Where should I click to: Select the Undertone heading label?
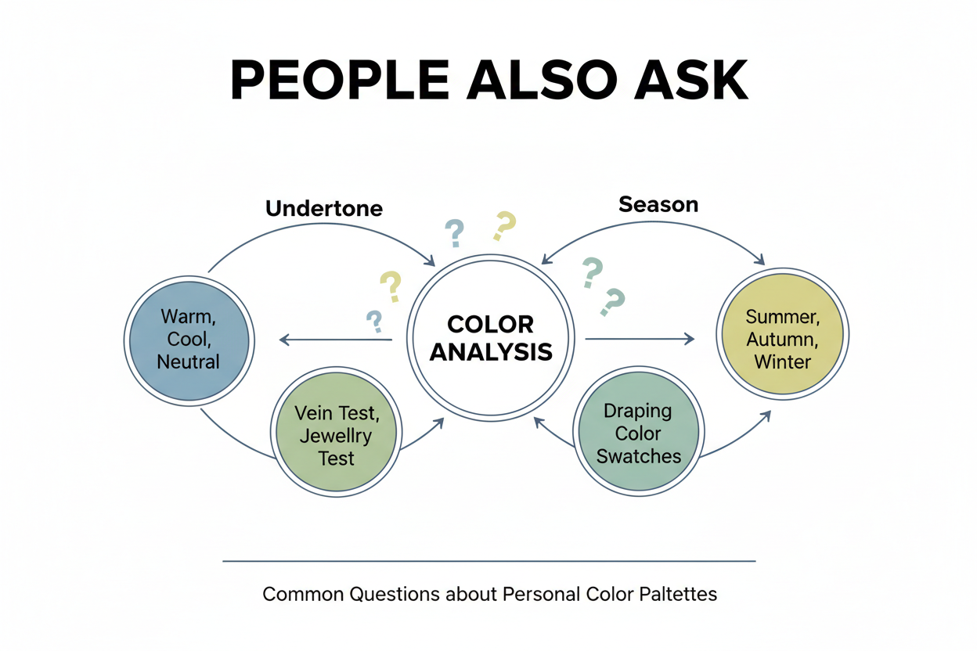324,208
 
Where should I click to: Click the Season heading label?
658,205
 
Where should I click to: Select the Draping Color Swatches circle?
638,433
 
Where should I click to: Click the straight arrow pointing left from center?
337,340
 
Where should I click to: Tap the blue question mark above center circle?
454,232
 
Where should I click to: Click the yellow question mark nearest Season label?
504,225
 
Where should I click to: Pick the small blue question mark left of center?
374,319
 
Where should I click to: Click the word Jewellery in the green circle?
336,436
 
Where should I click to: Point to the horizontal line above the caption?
489,561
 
